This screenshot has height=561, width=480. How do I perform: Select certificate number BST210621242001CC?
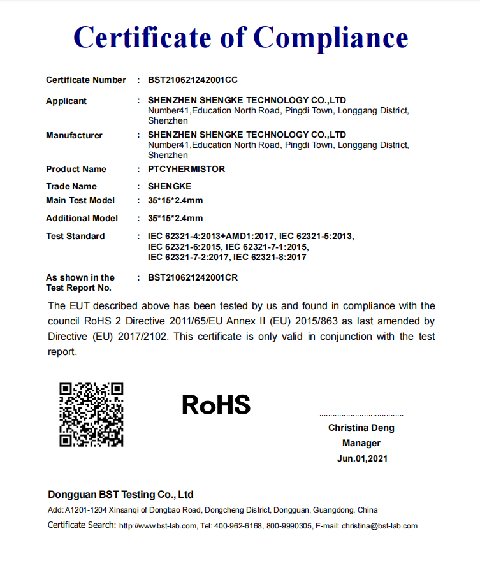(193, 80)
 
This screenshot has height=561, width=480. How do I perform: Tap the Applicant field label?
(66, 101)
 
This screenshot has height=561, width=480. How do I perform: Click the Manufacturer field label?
(74, 135)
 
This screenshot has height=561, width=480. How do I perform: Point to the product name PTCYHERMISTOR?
(186, 170)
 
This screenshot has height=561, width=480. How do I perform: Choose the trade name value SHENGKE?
(170, 187)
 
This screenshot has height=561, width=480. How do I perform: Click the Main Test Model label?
(80, 201)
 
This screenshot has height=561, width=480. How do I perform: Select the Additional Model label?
(82, 219)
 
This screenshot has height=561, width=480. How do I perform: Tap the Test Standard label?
(75, 237)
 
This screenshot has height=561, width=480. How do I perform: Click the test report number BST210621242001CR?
(193, 278)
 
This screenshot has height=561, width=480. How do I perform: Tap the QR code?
(91, 414)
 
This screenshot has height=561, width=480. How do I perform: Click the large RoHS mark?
(216, 405)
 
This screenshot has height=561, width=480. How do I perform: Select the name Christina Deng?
(361, 428)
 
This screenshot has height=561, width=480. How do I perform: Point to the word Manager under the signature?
(361, 443)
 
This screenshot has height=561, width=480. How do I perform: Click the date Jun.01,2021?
(362, 458)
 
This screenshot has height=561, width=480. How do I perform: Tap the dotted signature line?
(361, 415)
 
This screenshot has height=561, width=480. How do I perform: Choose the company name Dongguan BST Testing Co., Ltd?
(120, 495)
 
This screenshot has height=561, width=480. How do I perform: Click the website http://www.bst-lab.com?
(158, 526)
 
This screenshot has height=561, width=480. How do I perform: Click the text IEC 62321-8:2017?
(270, 258)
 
